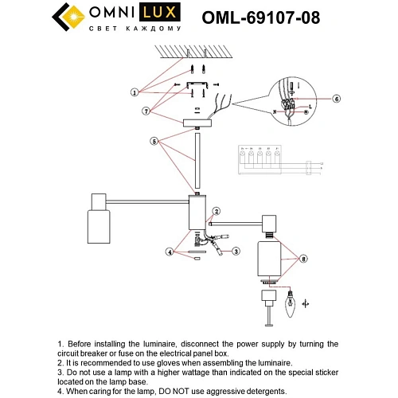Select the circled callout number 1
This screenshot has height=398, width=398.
[135, 92]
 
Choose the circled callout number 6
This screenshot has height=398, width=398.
[337, 99]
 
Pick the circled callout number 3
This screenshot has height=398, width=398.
[236, 252]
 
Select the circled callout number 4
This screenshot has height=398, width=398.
[169, 252]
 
